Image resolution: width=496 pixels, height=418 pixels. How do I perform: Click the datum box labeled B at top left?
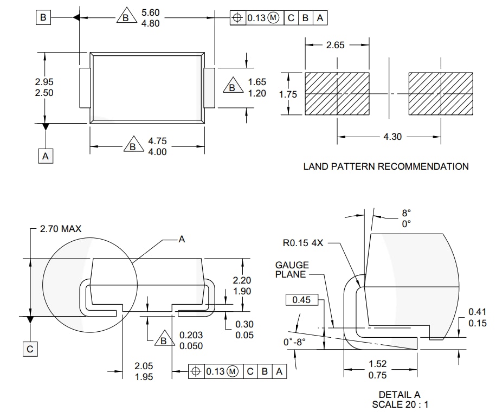(x=43, y=18)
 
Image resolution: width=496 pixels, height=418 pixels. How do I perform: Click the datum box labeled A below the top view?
(x=46, y=156)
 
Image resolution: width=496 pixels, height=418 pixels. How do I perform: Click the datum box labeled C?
(x=30, y=349)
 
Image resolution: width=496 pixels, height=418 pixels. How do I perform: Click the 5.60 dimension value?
(x=150, y=12)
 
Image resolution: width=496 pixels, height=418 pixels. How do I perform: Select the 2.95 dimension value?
(x=44, y=82)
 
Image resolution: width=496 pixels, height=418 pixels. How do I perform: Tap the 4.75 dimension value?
(x=157, y=142)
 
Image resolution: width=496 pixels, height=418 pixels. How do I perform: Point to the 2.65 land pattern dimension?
(x=335, y=45)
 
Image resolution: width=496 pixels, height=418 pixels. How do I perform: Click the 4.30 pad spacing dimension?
(x=392, y=137)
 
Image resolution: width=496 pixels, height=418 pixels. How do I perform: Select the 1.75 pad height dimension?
(x=288, y=94)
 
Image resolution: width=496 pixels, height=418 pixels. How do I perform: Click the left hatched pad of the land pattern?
(x=337, y=94)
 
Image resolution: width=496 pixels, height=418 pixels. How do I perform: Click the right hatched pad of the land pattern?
(x=440, y=94)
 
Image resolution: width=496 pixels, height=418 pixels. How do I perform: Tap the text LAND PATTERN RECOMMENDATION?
(x=385, y=166)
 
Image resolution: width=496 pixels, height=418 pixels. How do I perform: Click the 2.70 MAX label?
(x=60, y=229)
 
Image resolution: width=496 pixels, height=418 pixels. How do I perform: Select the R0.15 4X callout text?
(x=302, y=243)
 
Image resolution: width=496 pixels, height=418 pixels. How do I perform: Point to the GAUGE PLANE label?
(x=292, y=269)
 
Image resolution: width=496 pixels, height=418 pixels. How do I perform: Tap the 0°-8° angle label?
(x=295, y=342)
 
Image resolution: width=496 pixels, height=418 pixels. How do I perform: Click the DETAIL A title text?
(x=399, y=395)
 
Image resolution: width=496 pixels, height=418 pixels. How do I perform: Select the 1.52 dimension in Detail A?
(x=377, y=364)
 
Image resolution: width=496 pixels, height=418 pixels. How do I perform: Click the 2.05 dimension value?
(x=144, y=366)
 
